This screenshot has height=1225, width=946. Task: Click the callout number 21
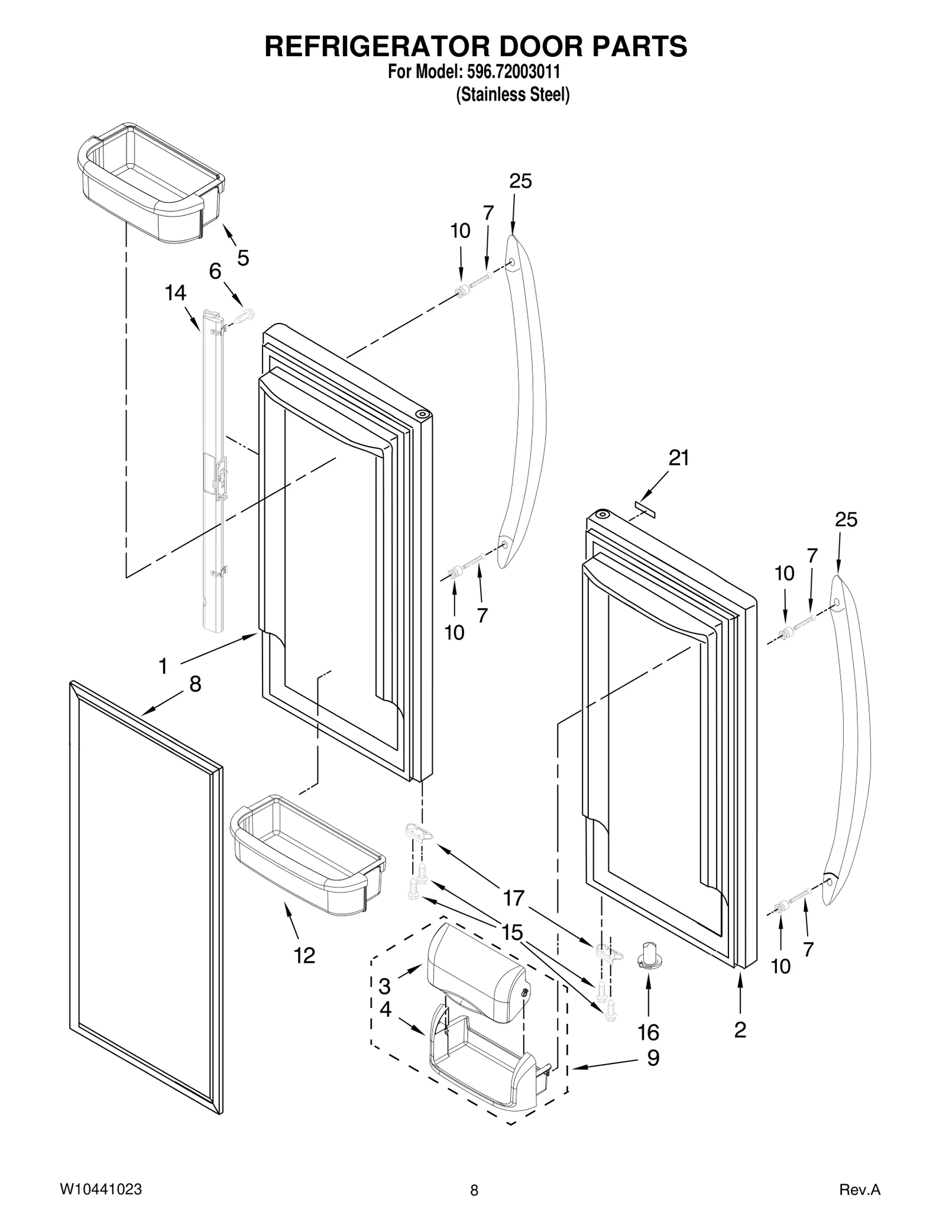[678, 458]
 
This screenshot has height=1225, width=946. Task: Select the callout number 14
[176, 293]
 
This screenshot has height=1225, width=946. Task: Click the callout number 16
[648, 1033]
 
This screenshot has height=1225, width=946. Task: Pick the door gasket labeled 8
[145, 899]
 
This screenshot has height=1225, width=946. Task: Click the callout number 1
[163, 667]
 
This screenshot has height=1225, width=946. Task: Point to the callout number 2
[740, 1030]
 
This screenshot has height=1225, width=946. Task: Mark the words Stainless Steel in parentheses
[513, 95]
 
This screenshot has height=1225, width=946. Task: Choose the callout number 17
[514, 898]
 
